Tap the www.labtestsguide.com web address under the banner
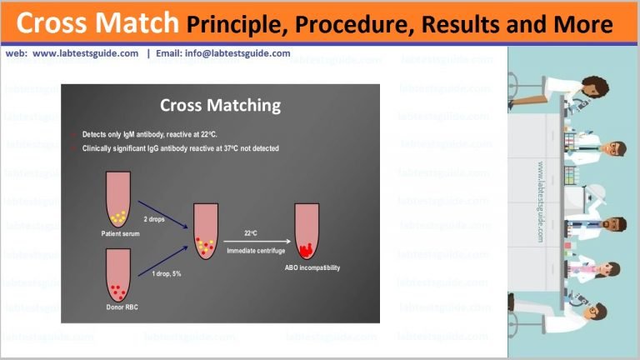tap(86, 53)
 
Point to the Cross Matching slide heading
tap(220, 106)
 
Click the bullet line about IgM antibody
tap(150, 133)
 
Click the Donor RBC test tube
tap(121, 280)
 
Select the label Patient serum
tap(121, 234)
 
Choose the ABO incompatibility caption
tap(312, 267)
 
